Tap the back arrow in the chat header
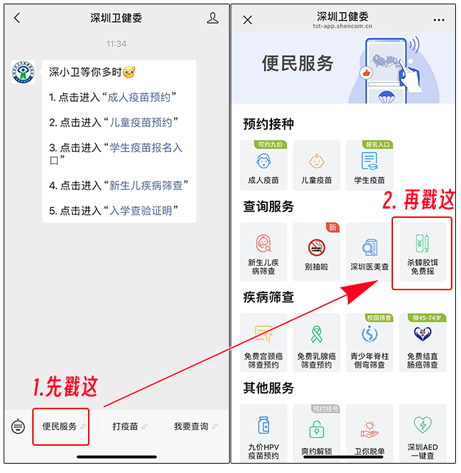(17, 18)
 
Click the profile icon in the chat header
(213, 18)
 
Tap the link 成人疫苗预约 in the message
(139, 97)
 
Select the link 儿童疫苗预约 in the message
(141, 123)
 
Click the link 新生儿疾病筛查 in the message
(146, 186)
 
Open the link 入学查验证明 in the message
(141, 211)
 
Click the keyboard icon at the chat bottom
(18, 427)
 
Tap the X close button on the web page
(248, 20)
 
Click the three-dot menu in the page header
(439, 20)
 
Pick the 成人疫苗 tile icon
(263, 161)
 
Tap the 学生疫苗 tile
(369, 166)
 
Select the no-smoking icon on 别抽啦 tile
(316, 247)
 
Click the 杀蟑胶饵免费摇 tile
(422, 252)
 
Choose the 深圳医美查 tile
(369, 252)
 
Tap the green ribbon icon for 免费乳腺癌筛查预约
(316, 334)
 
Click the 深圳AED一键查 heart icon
(422, 424)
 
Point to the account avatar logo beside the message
(23, 72)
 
